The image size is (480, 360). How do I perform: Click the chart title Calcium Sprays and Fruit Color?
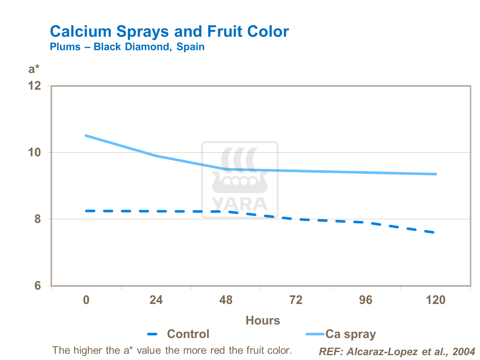(x=169, y=32)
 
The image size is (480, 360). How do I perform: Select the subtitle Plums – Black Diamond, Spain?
(x=127, y=47)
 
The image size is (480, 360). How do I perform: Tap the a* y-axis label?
(x=34, y=69)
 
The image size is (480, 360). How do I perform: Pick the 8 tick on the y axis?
(x=37, y=219)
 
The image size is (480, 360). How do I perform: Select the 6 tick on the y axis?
(x=37, y=285)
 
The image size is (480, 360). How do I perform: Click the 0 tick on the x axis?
(x=86, y=300)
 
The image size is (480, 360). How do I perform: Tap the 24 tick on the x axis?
(x=156, y=300)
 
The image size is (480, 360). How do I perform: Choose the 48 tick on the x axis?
(x=226, y=300)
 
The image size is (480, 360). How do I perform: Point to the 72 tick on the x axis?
(x=296, y=300)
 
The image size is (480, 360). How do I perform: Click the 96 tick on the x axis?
(x=366, y=300)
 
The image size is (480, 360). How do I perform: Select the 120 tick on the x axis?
(x=436, y=300)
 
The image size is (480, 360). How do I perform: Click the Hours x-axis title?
(x=263, y=320)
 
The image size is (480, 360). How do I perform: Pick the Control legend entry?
(x=188, y=334)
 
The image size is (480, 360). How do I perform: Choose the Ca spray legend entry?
(x=350, y=334)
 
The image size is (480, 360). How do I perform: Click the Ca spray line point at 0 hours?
(x=86, y=136)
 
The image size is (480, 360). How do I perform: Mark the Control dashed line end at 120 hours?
(x=434, y=232)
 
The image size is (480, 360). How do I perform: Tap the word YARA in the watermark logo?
(x=240, y=204)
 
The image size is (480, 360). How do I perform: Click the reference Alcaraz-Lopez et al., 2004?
(x=397, y=352)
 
